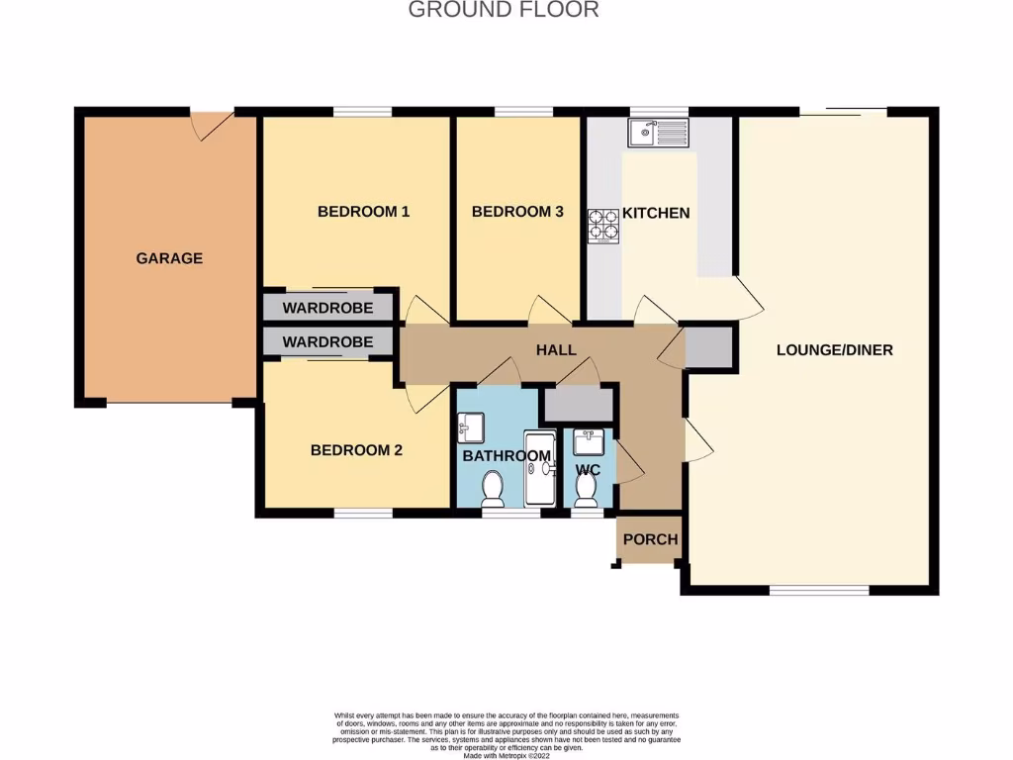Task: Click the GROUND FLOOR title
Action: click(504, 11)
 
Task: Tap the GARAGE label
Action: click(169, 258)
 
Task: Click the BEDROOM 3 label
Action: click(517, 211)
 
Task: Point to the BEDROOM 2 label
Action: click(356, 450)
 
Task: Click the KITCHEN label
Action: click(655, 213)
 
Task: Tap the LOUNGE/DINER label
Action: click(834, 349)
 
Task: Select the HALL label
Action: click(556, 350)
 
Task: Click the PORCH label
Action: click(650, 539)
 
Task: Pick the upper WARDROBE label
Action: click(327, 308)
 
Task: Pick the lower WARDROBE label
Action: click(327, 342)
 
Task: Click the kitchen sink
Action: click(658, 131)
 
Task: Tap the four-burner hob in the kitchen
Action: click(603, 227)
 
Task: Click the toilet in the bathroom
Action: click(493, 489)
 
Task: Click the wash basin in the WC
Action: click(589, 441)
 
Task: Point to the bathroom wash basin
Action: click(470, 428)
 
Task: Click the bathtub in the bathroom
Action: click(540, 470)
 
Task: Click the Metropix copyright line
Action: click(506, 755)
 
